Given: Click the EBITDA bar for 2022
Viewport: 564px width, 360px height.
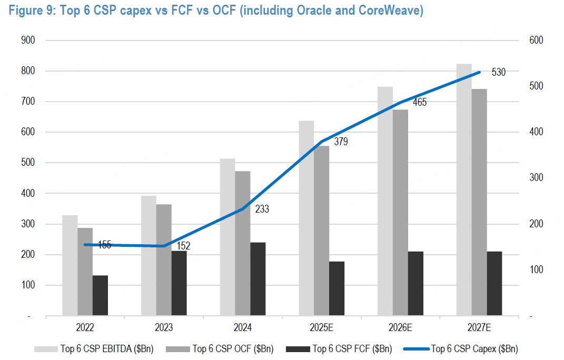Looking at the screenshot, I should coord(70,266).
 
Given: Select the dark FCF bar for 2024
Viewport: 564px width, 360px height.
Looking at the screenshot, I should coord(258,279).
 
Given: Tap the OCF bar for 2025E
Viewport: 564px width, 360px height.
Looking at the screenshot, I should coord(322,231).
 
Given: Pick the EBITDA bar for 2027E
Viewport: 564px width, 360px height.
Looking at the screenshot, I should coord(464,190).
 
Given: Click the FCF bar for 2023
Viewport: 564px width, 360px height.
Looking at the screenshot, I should coord(179,284).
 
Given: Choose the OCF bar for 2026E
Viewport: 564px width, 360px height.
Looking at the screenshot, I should coord(400,213).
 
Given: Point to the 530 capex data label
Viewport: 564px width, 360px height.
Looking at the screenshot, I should coord(498,72).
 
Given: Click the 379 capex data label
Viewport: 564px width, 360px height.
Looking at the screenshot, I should coord(341,141).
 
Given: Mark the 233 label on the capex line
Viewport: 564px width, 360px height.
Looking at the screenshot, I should coord(262,209).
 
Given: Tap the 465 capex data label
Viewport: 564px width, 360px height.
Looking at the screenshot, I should coord(420,103).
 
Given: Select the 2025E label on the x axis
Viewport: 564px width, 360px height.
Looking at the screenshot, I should coord(322,328).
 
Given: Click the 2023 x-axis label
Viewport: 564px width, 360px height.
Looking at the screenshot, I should coord(164,328).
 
